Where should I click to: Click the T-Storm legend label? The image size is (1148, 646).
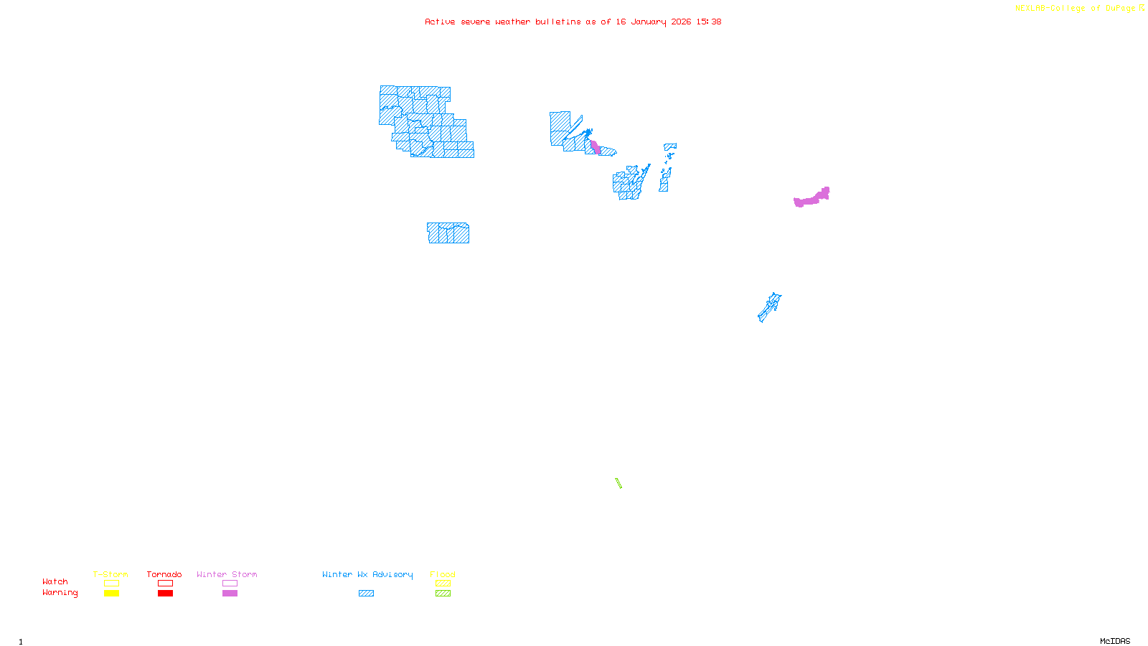110,574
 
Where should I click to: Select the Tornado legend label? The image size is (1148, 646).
164,574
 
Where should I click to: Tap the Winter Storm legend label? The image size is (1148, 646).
227,574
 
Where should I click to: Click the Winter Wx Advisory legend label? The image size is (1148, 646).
367,574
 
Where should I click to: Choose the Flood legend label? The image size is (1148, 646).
443,574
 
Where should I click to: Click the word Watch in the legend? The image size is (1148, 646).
55,581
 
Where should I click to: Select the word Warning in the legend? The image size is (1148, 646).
60,593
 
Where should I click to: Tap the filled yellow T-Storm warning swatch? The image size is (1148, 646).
111,594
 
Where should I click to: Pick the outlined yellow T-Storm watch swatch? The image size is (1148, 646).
111,584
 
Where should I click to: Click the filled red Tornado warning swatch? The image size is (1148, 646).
165,594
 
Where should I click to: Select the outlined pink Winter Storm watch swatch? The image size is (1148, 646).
230,584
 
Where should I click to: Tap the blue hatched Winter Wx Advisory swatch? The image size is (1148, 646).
366,594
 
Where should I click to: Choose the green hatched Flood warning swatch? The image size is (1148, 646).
443,594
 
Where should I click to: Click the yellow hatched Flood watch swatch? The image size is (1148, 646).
443,584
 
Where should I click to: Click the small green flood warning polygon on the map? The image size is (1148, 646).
618,483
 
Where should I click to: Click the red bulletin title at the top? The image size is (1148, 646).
573,22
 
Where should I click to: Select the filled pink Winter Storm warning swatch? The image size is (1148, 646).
230,594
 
